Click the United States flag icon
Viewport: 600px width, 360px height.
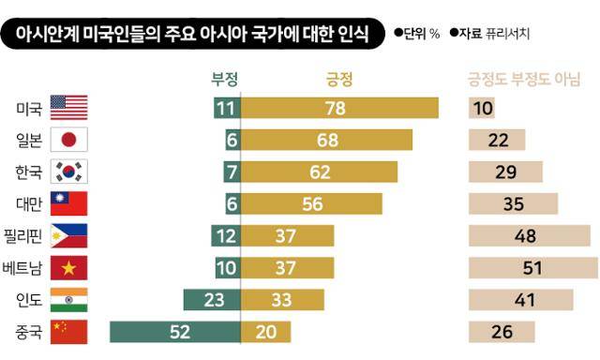click(68, 108)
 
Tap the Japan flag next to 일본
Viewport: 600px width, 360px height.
click(68, 140)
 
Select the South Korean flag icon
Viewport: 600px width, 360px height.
click(68, 172)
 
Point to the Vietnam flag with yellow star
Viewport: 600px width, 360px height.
click(68, 268)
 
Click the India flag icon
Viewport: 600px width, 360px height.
click(68, 300)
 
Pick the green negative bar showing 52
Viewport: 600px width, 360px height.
click(175, 332)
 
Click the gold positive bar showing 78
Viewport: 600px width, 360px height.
click(340, 108)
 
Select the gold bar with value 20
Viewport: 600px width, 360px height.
click(266, 332)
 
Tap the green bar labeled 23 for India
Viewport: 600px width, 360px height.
click(212, 300)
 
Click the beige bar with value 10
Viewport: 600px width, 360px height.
click(482, 108)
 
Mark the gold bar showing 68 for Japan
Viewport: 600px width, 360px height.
click(327, 140)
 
